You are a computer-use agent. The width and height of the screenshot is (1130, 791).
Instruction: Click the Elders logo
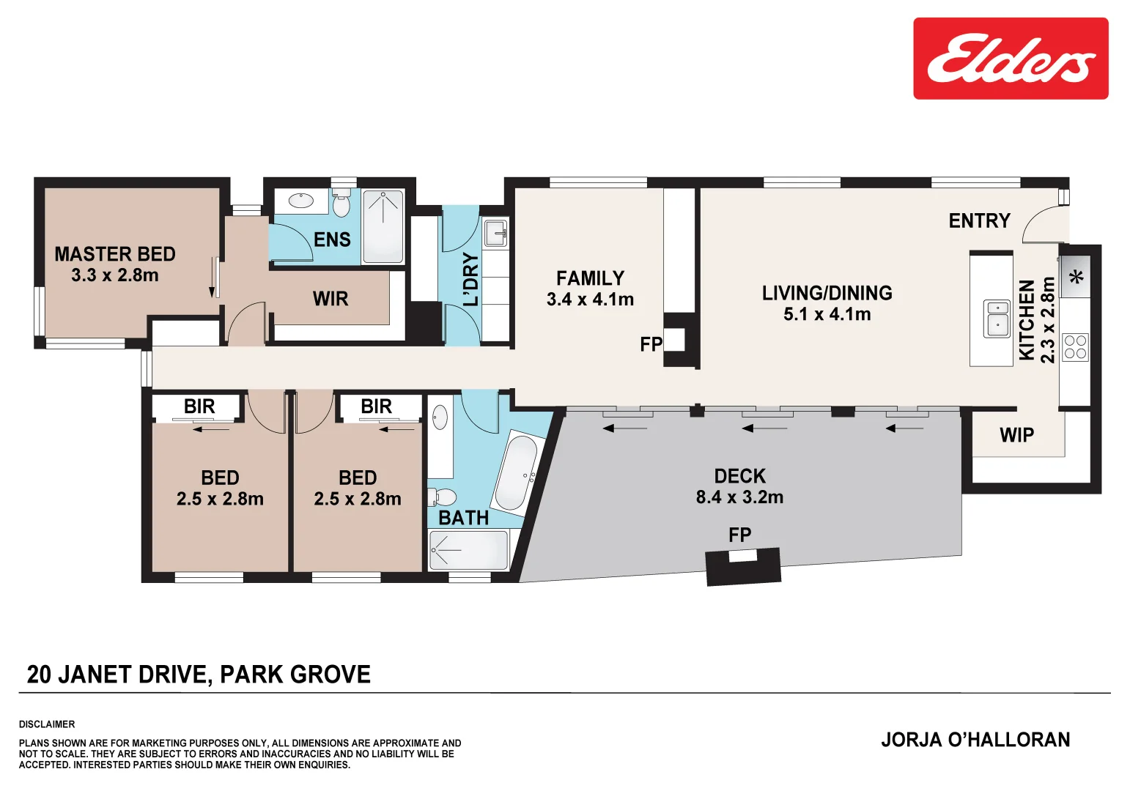[x=1010, y=59]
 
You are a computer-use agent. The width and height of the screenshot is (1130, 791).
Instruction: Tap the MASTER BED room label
[x=115, y=254]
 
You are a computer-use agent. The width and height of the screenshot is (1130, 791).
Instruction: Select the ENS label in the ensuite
[x=332, y=239]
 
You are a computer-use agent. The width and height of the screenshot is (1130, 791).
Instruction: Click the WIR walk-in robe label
[x=330, y=299]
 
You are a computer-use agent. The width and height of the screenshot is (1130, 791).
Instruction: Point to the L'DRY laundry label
[x=470, y=279]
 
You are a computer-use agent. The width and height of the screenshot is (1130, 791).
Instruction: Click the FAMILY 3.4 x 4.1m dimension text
[x=590, y=300]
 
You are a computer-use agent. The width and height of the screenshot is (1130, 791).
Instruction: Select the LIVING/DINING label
[x=827, y=293]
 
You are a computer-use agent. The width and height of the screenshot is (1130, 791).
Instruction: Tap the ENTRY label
[x=979, y=220]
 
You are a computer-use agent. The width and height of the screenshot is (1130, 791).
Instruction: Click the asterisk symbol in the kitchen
[x=1076, y=278]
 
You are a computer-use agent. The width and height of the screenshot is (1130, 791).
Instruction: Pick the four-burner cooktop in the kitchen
[x=1075, y=347]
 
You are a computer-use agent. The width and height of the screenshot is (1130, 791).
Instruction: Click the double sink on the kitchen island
[x=997, y=318]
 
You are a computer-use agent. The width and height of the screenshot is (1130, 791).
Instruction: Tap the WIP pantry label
[x=1016, y=435]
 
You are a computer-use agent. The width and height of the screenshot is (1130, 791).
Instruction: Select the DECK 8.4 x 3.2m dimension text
[x=739, y=497]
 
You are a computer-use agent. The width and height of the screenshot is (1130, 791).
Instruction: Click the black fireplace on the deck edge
[x=743, y=566]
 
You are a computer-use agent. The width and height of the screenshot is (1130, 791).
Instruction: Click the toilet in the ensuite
[x=341, y=204]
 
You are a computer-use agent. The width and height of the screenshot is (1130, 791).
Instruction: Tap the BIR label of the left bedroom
[x=199, y=406]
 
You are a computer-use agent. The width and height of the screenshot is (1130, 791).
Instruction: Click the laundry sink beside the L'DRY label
[x=496, y=234]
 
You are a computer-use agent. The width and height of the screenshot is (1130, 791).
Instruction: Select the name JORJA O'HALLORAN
[x=975, y=740]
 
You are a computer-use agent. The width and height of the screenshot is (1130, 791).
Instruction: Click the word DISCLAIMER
[x=47, y=724]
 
